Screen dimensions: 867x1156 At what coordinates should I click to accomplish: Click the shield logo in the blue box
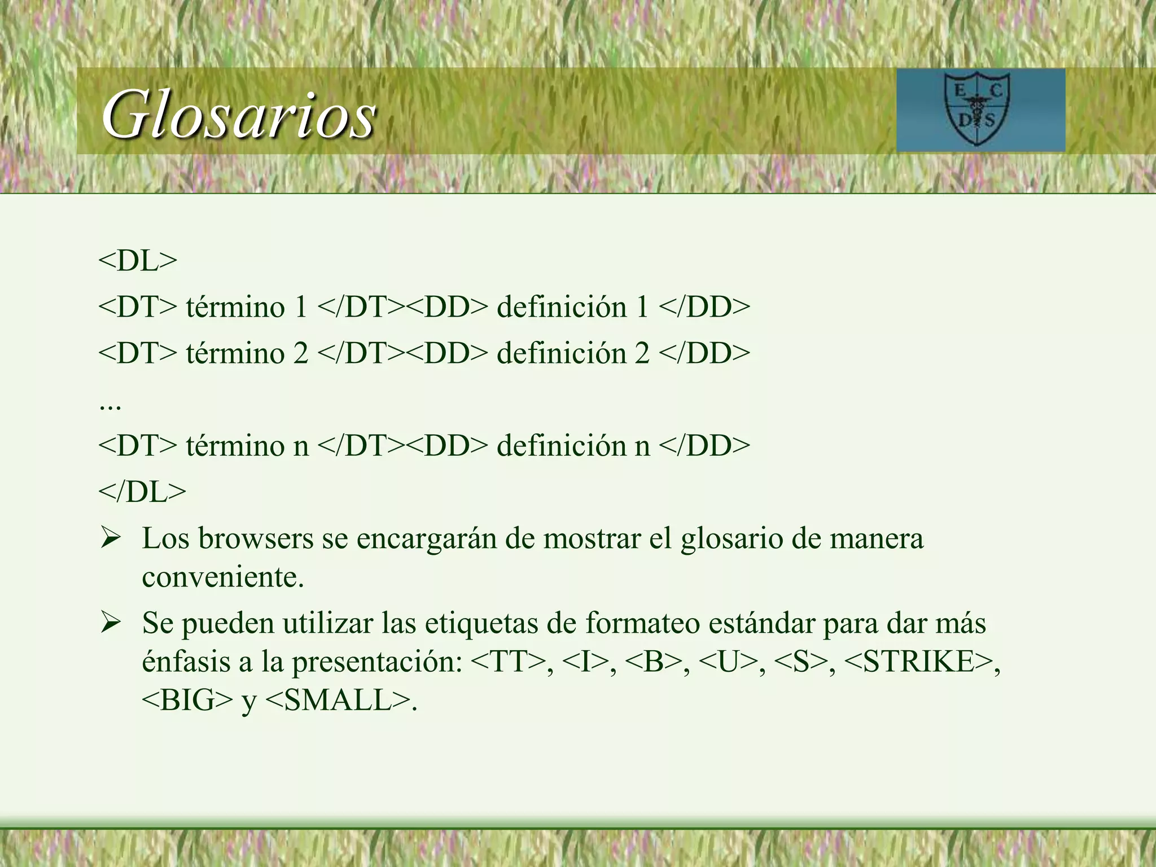click(x=977, y=111)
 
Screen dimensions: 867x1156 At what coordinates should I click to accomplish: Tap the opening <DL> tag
click(x=138, y=261)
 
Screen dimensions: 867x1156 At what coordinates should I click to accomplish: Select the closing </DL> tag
click(x=142, y=492)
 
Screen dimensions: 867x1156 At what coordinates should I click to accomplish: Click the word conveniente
click(x=222, y=577)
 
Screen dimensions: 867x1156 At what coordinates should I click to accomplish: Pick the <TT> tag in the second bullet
click(x=507, y=662)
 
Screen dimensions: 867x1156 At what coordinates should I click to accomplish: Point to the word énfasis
click(x=186, y=662)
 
